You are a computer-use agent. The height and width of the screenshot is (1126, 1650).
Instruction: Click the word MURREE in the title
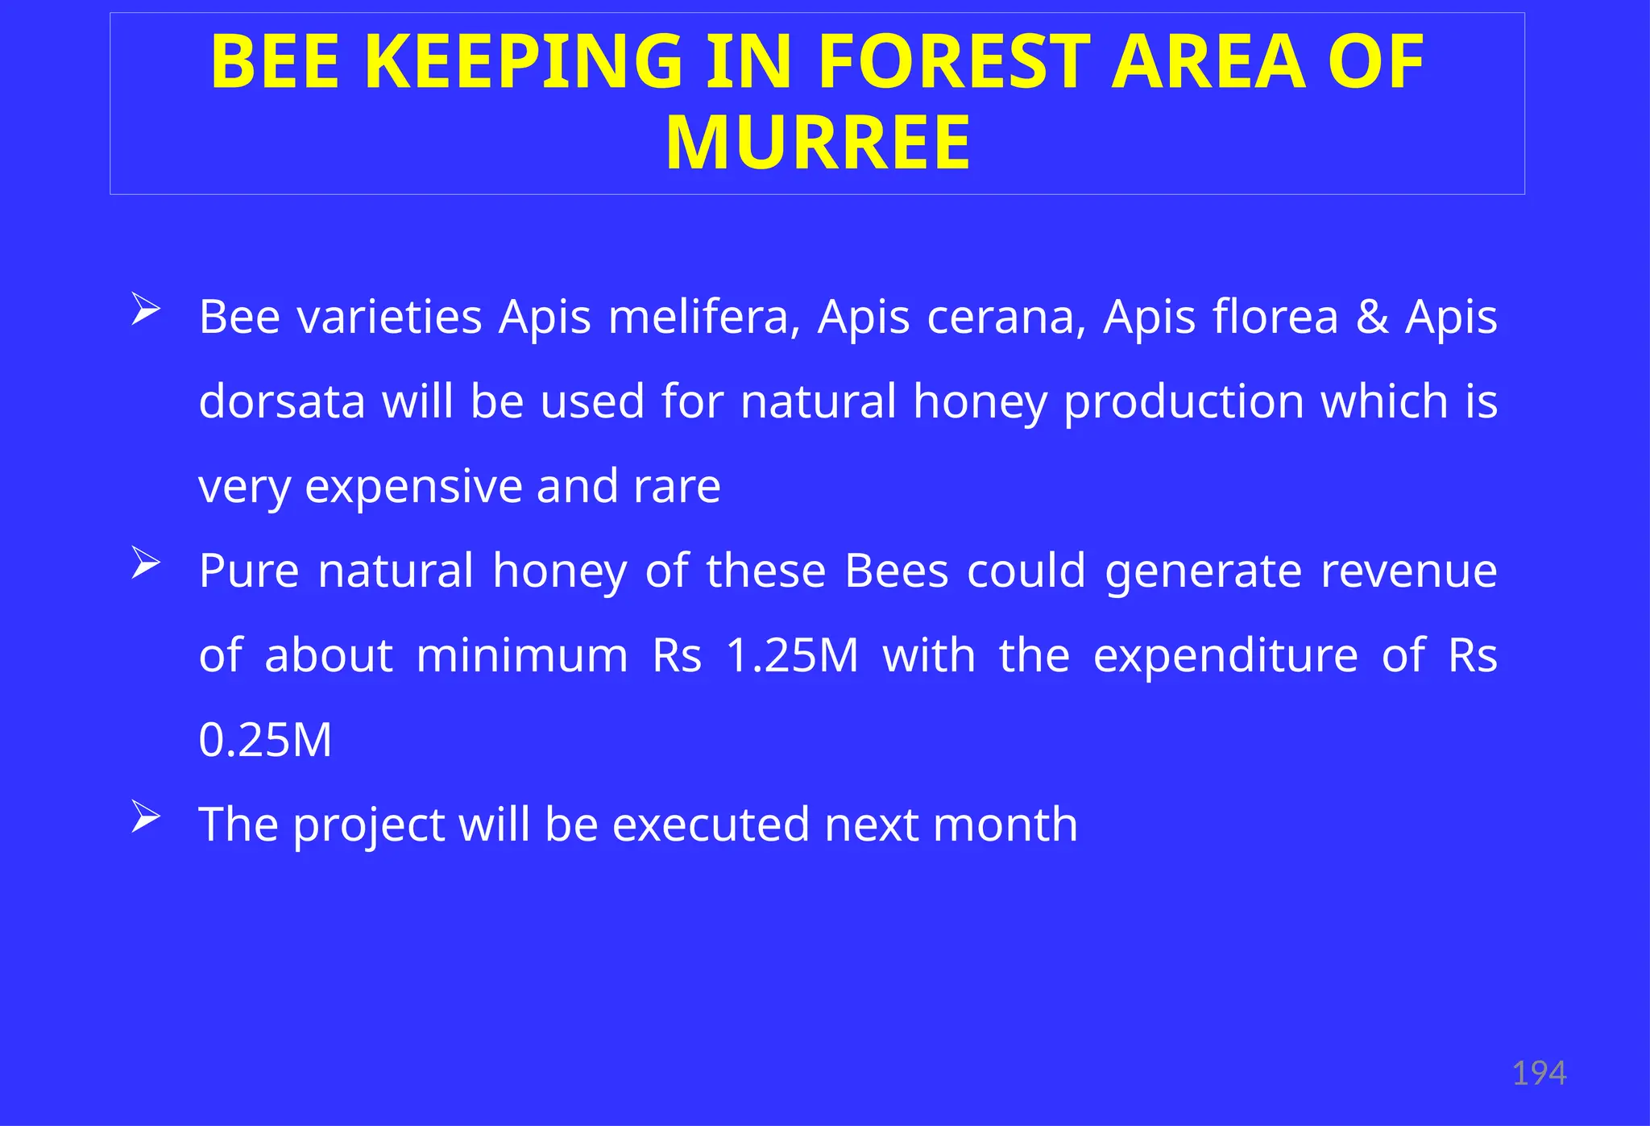[818, 143]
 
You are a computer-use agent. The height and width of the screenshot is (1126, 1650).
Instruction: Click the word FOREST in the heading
[955, 63]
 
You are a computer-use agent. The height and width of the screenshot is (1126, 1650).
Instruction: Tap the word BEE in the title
[275, 63]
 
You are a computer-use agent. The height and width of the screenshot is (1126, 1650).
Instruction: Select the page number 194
[1539, 1074]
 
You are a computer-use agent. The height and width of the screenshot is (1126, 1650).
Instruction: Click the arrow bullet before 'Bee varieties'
[146, 310]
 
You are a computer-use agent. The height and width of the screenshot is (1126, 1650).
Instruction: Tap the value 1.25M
[793, 655]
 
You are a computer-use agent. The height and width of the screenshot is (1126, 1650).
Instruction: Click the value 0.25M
[265, 740]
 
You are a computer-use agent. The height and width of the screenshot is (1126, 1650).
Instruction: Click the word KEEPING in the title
[528, 63]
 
